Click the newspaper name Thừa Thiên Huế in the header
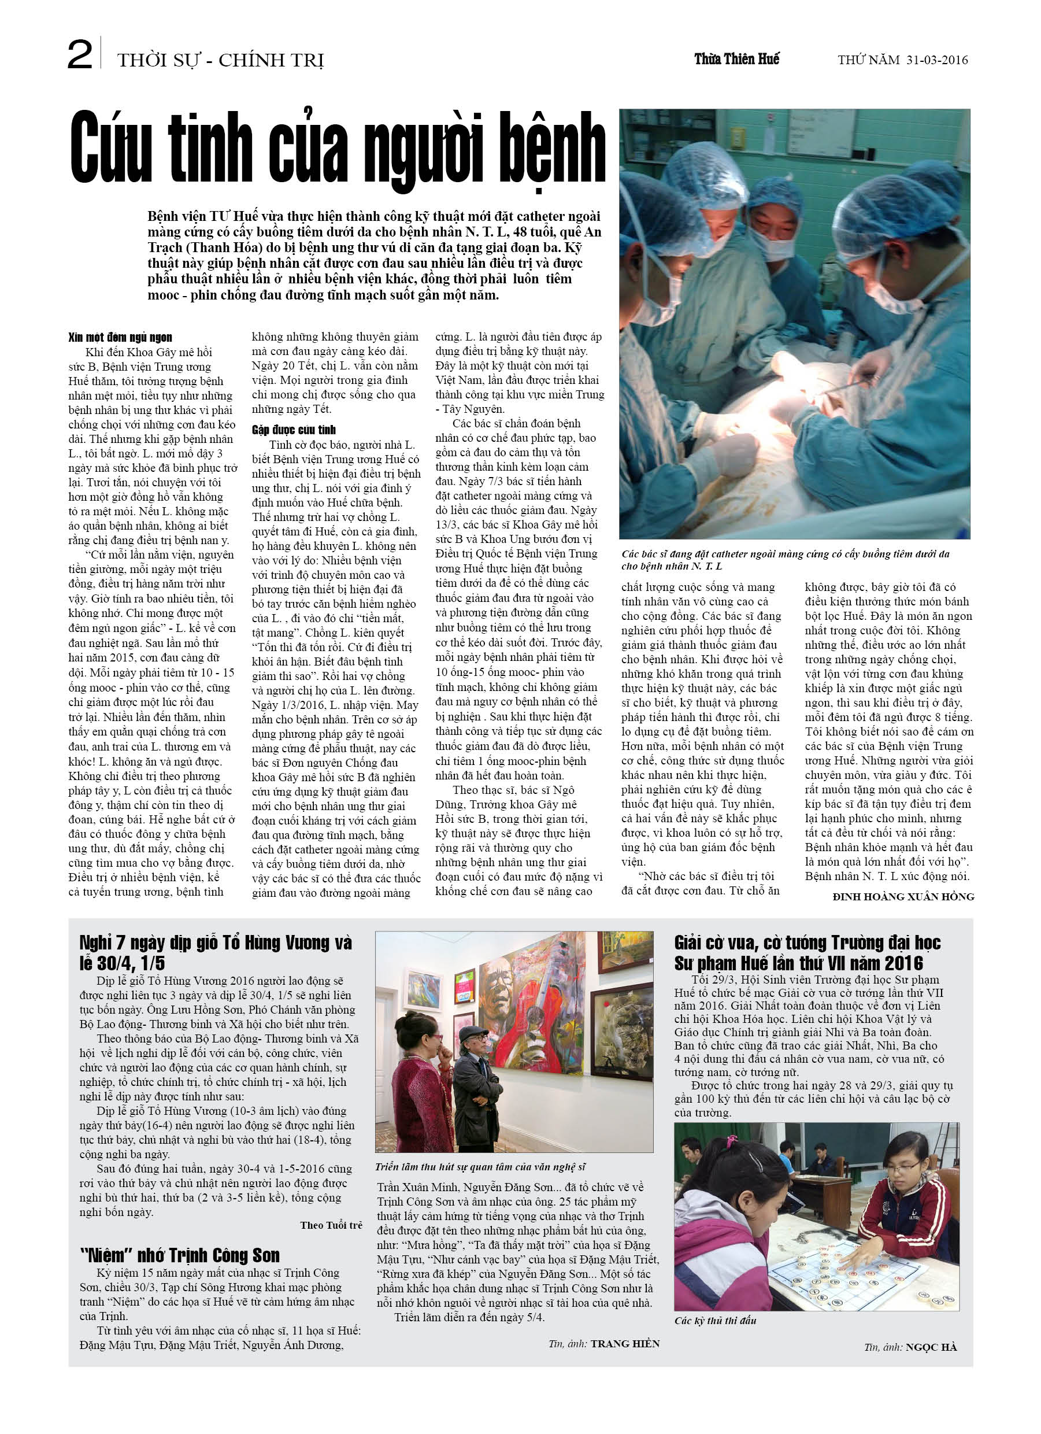[x=736, y=60]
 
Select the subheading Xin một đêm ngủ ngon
[x=120, y=338]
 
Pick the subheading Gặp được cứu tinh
[x=293, y=430]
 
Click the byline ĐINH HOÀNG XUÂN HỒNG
[x=903, y=897]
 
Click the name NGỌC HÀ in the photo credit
[x=931, y=1347]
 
